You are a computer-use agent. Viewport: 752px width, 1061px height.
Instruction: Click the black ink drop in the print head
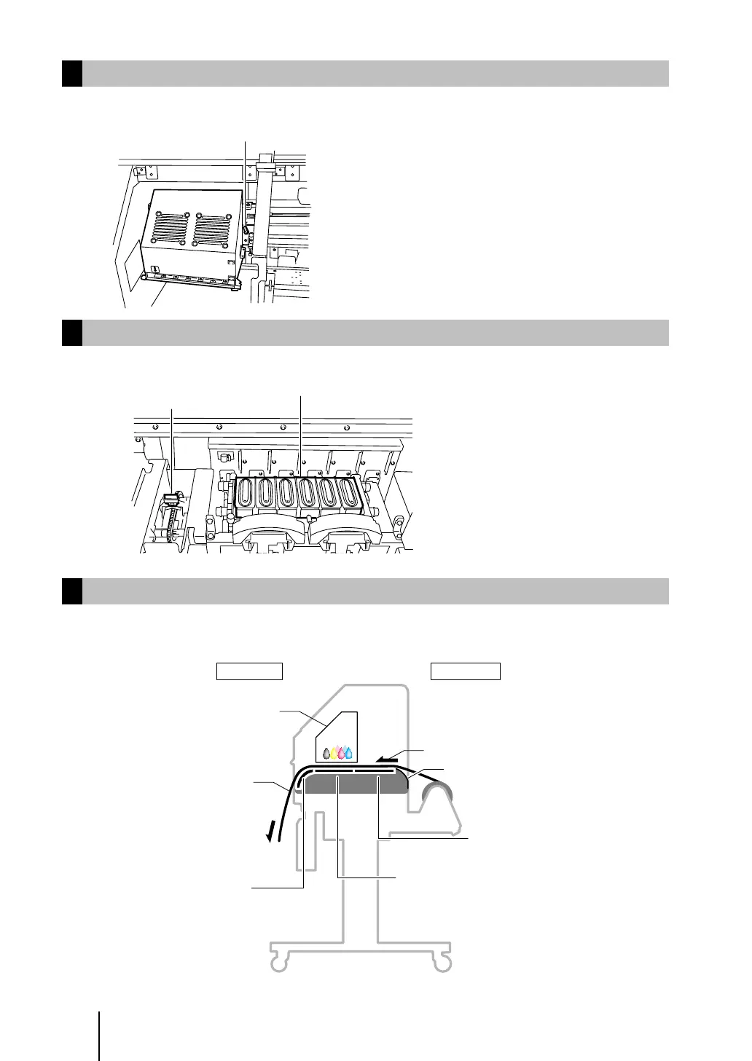tap(326, 753)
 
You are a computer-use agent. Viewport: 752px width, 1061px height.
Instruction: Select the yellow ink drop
tap(334, 753)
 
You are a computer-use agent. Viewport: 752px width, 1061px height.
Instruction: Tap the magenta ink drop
tap(341, 753)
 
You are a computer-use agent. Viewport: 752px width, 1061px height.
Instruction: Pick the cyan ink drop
tap(349, 753)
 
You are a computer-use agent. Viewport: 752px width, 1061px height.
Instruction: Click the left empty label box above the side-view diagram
tap(249, 671)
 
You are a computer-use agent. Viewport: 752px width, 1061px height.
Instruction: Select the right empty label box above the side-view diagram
tap(465, 671)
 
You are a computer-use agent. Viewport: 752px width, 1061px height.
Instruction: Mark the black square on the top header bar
tap(71, 74)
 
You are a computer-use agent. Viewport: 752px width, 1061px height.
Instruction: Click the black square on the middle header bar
tap(71, 332)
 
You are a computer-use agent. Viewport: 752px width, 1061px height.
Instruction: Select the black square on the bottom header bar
tap(71, 591)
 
